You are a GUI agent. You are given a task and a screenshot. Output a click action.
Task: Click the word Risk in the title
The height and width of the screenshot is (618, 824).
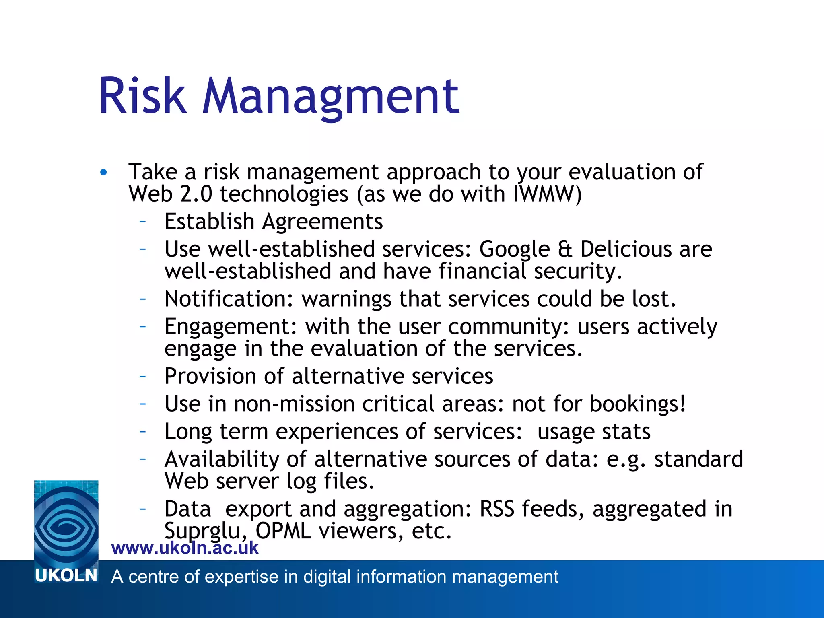pyautogui.click(x=143, y=97)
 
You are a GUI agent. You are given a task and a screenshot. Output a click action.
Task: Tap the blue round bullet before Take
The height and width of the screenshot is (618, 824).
pyautogui.click(x=104, y=173)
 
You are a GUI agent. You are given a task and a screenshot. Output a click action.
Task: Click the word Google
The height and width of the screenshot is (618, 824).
pyautogui.click(x=514, y=249)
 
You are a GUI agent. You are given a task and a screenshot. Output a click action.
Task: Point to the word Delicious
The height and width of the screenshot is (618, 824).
pyautogui.click(x=626, y=249)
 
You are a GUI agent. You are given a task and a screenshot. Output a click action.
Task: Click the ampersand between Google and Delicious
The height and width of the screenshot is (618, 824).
pyautogui.click(x=565, y=249)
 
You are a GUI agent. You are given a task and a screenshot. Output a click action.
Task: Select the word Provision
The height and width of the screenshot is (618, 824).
pyautogui.click(x=210, y=377)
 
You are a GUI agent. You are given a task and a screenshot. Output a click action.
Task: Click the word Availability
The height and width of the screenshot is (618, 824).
pyautogui.click(x=222, y=459)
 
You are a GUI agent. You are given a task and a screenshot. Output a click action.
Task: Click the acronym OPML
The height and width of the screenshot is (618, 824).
pyautogui.click(x=283, y=531)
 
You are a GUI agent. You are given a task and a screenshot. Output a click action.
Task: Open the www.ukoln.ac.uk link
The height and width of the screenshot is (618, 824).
pyautogui.click(x=185, y=548)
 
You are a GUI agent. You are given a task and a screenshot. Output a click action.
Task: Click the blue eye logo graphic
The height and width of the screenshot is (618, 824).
pyautogui.click(x=66, y=523)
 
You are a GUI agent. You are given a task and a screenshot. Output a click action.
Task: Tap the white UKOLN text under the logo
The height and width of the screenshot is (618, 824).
pyautogui.click(x=66, y=576)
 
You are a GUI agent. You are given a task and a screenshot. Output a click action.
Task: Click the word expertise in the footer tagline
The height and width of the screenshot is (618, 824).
pyautogui.click(x=237, y=577)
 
